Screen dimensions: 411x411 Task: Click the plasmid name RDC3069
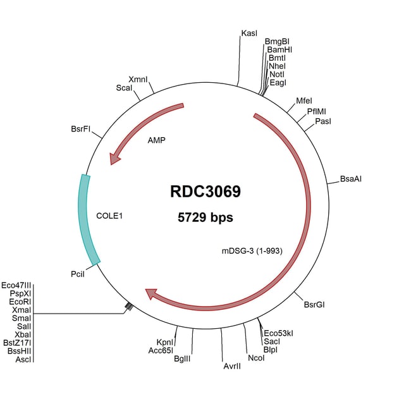point(205,192)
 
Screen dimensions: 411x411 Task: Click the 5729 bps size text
point(205,218)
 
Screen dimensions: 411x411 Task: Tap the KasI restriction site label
point(249,32)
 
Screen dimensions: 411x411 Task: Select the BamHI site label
point(279,49)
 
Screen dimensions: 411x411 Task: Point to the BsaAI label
point(351,179)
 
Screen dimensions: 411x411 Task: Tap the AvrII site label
point(233,365)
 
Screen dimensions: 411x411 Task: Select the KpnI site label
point(165,341)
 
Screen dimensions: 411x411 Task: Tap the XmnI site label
point(138,79)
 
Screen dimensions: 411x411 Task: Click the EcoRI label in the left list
point(21,302)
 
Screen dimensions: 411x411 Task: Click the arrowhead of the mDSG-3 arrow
point(151,293)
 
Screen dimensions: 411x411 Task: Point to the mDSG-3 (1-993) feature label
point(252,250)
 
